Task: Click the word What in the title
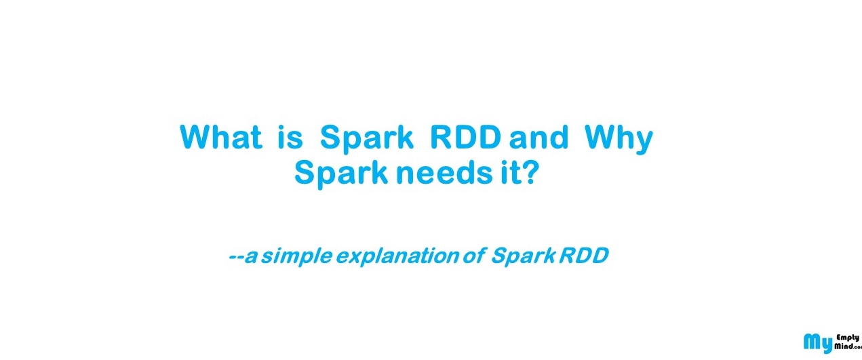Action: tap(221, 138)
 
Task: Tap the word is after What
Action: tap(290, 138)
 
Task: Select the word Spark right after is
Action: tap(366, 139)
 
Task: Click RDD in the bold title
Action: tap(465, 138)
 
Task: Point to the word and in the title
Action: tap(538, 138)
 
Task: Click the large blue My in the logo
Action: tap(817, 343)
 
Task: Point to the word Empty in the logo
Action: tap(847, 338)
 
